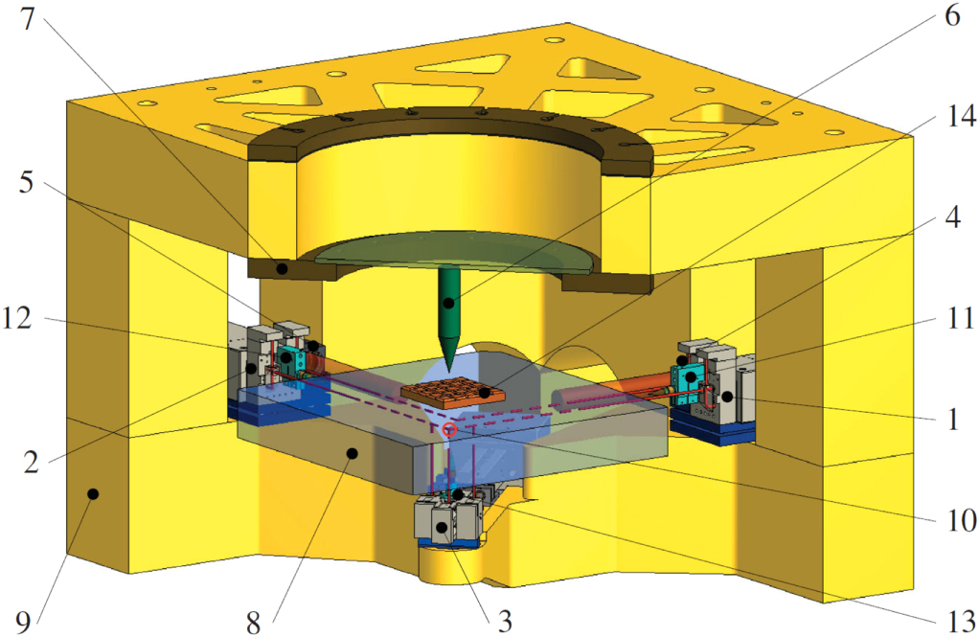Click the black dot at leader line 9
[x=93, y=493]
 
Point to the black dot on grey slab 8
[x=353, y=453]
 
